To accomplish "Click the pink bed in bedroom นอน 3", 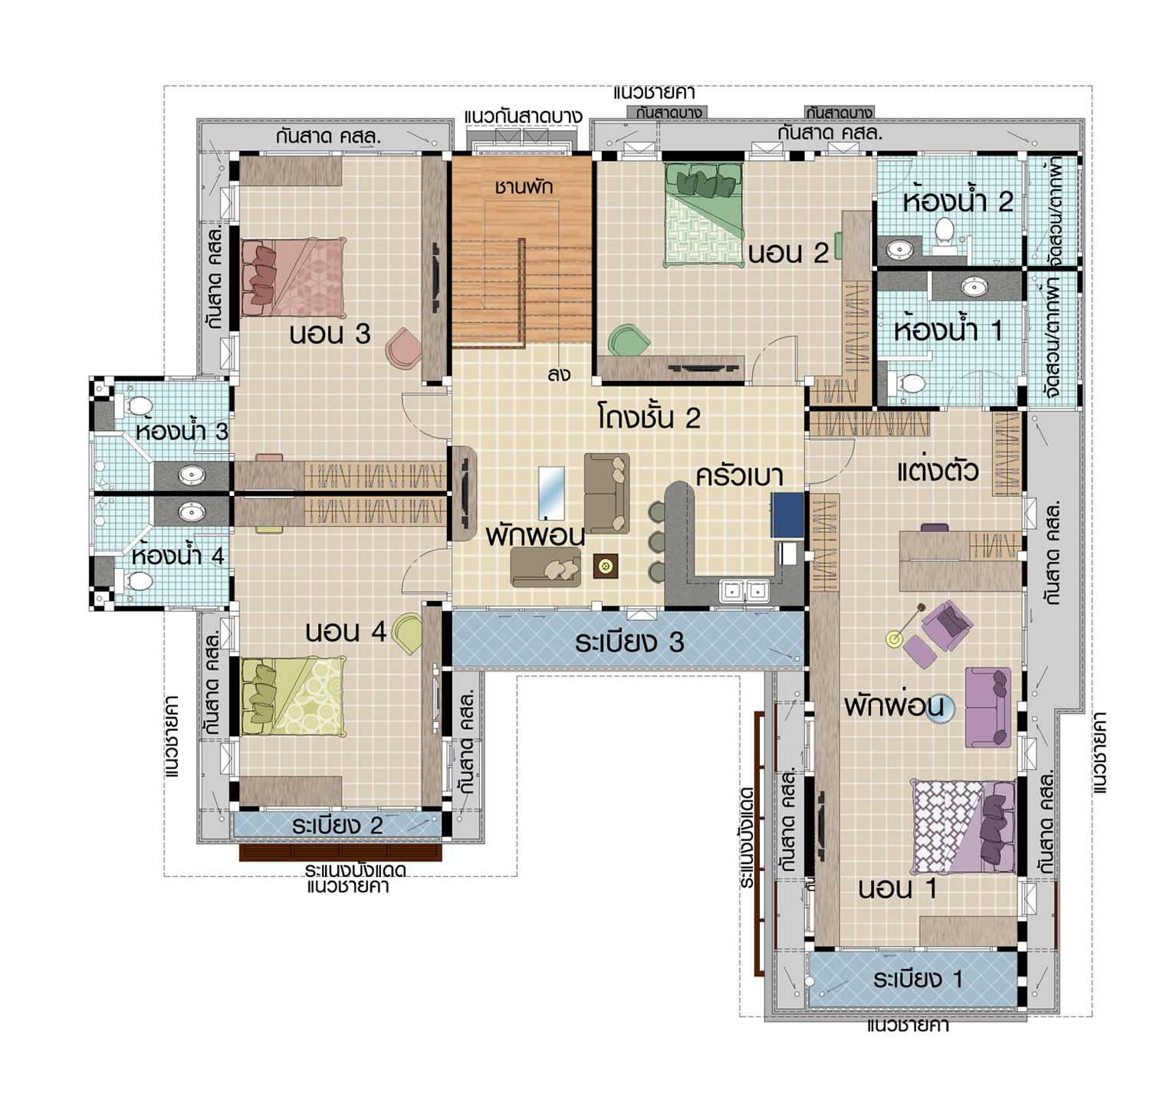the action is pos(293,277).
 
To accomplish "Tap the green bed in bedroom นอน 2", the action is pos(705,215).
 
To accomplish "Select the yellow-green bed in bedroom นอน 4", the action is pos(293,696).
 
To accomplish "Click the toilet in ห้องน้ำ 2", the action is pos(945,234).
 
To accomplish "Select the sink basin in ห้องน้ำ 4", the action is pos(191,511).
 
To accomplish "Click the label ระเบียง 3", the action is pos(629,642).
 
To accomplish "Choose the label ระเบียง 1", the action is pos(917,979).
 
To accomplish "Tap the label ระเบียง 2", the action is pos(337,825).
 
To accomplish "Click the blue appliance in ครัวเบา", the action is pos(787,514).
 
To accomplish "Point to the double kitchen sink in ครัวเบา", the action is pos(744,590).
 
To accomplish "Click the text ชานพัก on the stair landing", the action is pos(524,186).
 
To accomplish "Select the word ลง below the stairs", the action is pos(559,375).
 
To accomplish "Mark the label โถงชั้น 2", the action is pos(649,419).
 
